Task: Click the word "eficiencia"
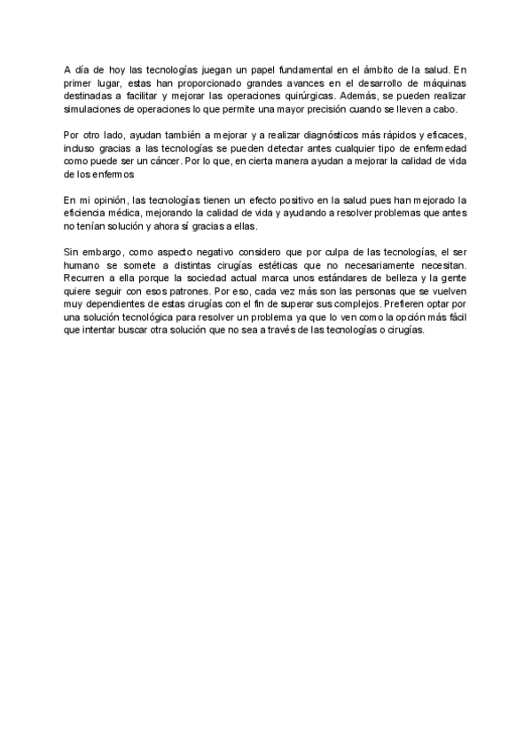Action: coord(88,214)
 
